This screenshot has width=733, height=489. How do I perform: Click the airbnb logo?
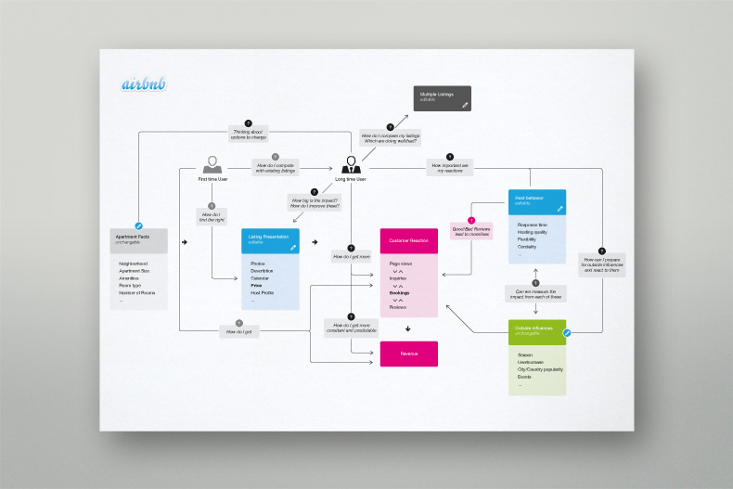tap(144, 84)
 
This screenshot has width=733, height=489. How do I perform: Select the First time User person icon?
tap(212, 164)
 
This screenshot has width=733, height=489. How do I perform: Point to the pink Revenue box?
tap(408, 354)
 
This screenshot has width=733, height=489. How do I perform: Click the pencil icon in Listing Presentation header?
tap(293, 248)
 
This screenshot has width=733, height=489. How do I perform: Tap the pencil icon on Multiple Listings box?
tap(465, 106)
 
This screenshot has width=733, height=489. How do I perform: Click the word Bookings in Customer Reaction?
tap(401, 292)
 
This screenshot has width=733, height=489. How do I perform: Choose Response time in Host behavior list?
tap(533, 225)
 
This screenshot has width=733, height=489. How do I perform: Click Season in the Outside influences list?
tap(525, 354)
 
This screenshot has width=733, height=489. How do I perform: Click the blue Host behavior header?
tap(536, 200)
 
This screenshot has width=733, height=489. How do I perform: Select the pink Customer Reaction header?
tap(408, 240)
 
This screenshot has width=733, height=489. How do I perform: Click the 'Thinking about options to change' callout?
tap(248, 134)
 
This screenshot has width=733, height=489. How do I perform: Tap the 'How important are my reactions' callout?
tap(450, 168)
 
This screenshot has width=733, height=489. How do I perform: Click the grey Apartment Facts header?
tap(139, 239)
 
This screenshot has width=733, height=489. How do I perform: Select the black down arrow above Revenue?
tap(408, 328)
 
